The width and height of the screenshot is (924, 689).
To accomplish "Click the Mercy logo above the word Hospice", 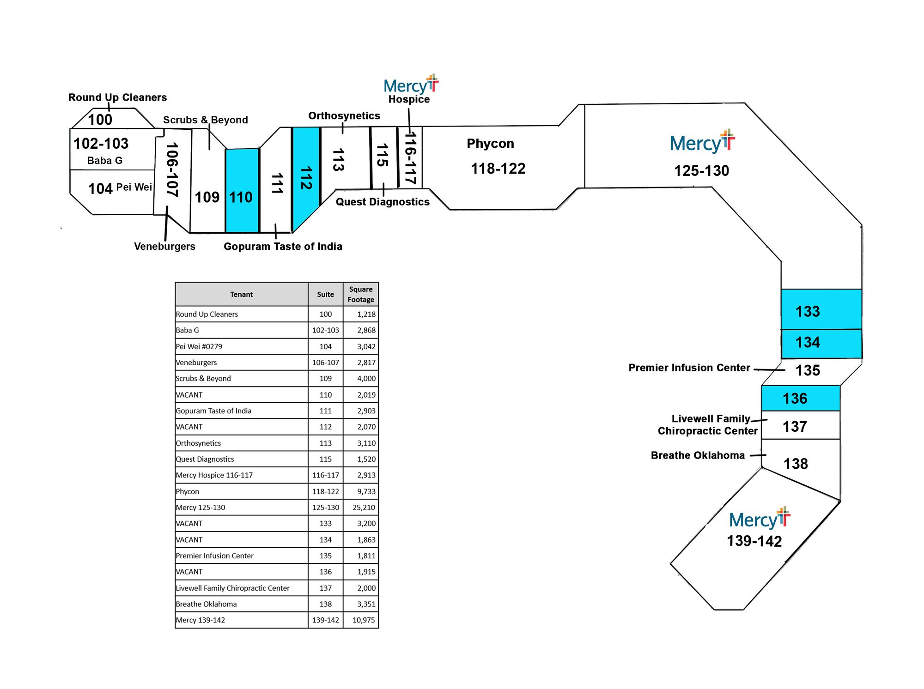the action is pos(411,84).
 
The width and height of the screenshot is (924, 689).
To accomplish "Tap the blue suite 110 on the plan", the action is pos(242,190).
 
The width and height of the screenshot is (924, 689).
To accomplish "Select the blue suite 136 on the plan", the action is pos(801,398).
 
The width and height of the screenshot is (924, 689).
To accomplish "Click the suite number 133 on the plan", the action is pos(808,311).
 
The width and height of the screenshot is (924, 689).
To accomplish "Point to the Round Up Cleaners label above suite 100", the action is pos(118,97).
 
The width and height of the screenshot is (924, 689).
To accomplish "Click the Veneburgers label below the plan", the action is pos(164,246).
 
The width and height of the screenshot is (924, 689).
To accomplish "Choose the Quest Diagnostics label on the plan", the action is pos(383,202).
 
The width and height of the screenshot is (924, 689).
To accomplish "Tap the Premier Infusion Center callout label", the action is pos(689,368).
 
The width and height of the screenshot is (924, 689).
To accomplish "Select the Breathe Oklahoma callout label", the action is pos(698,455).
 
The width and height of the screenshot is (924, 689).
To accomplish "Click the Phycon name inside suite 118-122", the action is pos(490,144).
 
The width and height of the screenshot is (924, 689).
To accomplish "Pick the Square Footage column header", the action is pos(361,294).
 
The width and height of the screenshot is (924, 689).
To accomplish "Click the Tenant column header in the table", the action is pos(241,294).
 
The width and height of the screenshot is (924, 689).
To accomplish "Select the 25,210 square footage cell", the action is pos(364,508).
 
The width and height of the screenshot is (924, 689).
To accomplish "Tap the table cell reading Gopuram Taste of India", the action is pos(213,411).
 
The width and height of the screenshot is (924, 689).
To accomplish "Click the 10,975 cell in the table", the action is pos(364,620).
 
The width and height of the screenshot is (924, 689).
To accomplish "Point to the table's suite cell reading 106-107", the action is pos(326,363).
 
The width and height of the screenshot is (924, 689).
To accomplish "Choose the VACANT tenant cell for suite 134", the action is pos(189,540).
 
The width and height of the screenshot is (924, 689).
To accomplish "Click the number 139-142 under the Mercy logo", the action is pos(754,541).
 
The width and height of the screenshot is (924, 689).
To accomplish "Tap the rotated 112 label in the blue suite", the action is pos(306,178).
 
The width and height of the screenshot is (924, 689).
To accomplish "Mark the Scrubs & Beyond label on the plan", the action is pos(206,120).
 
